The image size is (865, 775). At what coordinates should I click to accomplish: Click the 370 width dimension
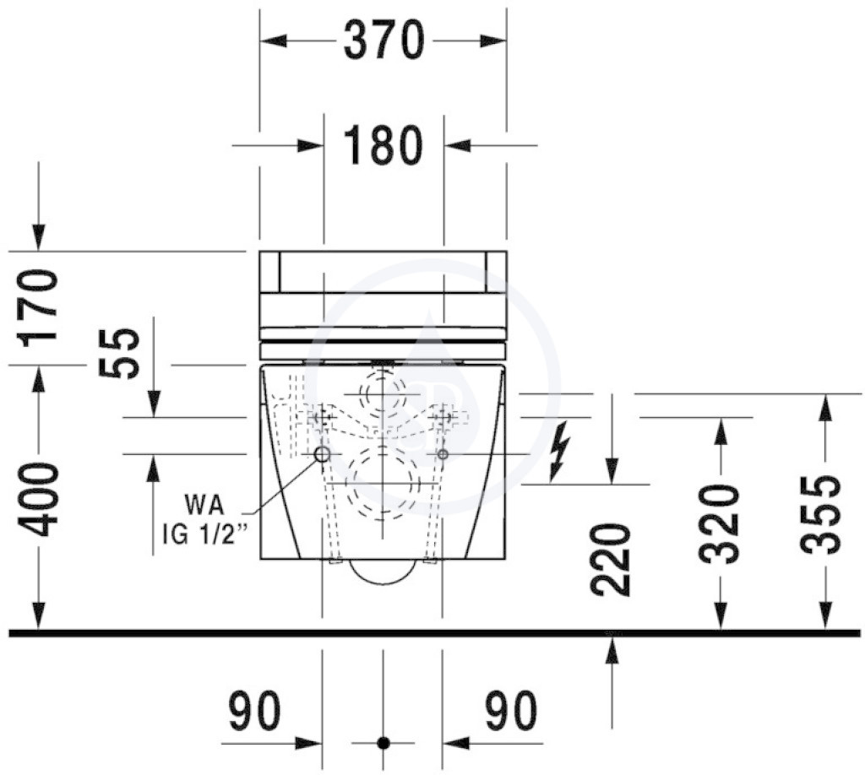pyautogui.click(x=384, y=40)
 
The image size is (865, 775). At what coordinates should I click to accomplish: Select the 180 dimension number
pyautogui.click(x=384, y=145)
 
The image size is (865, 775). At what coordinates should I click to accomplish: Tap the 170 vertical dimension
pyautogui.click(x=39, y=307)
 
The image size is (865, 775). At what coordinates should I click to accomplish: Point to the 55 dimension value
pyautogui.click(x=119, y=354)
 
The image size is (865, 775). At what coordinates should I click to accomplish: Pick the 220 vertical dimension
pyautogui.click(x=611, y=560)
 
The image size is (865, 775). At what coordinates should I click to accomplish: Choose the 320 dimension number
pyautogui.click(x=719, y=524)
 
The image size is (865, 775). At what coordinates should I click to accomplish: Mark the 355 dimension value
pyautogui.click(x=822, y=514)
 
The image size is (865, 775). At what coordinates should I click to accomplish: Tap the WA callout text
pyautogui.click(x=204, y=504)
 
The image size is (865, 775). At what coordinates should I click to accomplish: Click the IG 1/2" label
pyautogui.click(x=204, y=534)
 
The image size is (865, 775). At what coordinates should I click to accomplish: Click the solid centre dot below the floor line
pyautogui.click(x=384, y=742)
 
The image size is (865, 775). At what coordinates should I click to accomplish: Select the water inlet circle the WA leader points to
pyautogui.click(x=322, y=454)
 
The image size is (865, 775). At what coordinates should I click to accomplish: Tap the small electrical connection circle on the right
pyautogui.click(x=443, y=453)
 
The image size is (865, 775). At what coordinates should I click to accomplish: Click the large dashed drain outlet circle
pyautogui.click(x=383, y=482)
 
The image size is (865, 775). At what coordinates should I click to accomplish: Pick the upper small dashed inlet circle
pyautogui.click(x=383, y=393)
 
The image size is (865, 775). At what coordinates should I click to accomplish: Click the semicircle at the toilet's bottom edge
pyautogui.click(x=383, y=571)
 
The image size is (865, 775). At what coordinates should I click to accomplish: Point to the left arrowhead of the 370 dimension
pyautogui.click(x=274, y=41)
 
